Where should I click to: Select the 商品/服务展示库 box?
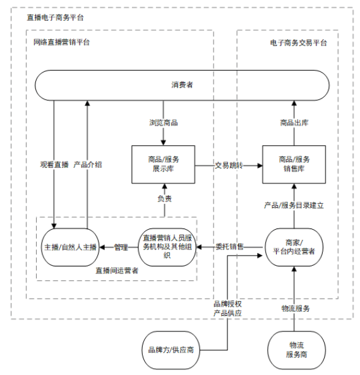(x=163, y=164)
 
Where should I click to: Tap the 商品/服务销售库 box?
(x=294, y=164)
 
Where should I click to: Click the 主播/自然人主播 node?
(x=70, y=246)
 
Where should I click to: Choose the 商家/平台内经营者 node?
(x=294, y=246)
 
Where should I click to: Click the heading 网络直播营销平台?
(x=61, y=42)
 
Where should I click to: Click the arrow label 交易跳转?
(x=228, y=165)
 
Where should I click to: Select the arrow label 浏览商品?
(x=163, y=122)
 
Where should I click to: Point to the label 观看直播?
(x=54, y=165)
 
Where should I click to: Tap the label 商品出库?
(x=294, y=122)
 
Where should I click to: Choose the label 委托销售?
(x=229, y=246)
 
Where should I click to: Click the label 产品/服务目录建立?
(x=294, y=206)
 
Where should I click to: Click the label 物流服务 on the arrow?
(x=295, y=309)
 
